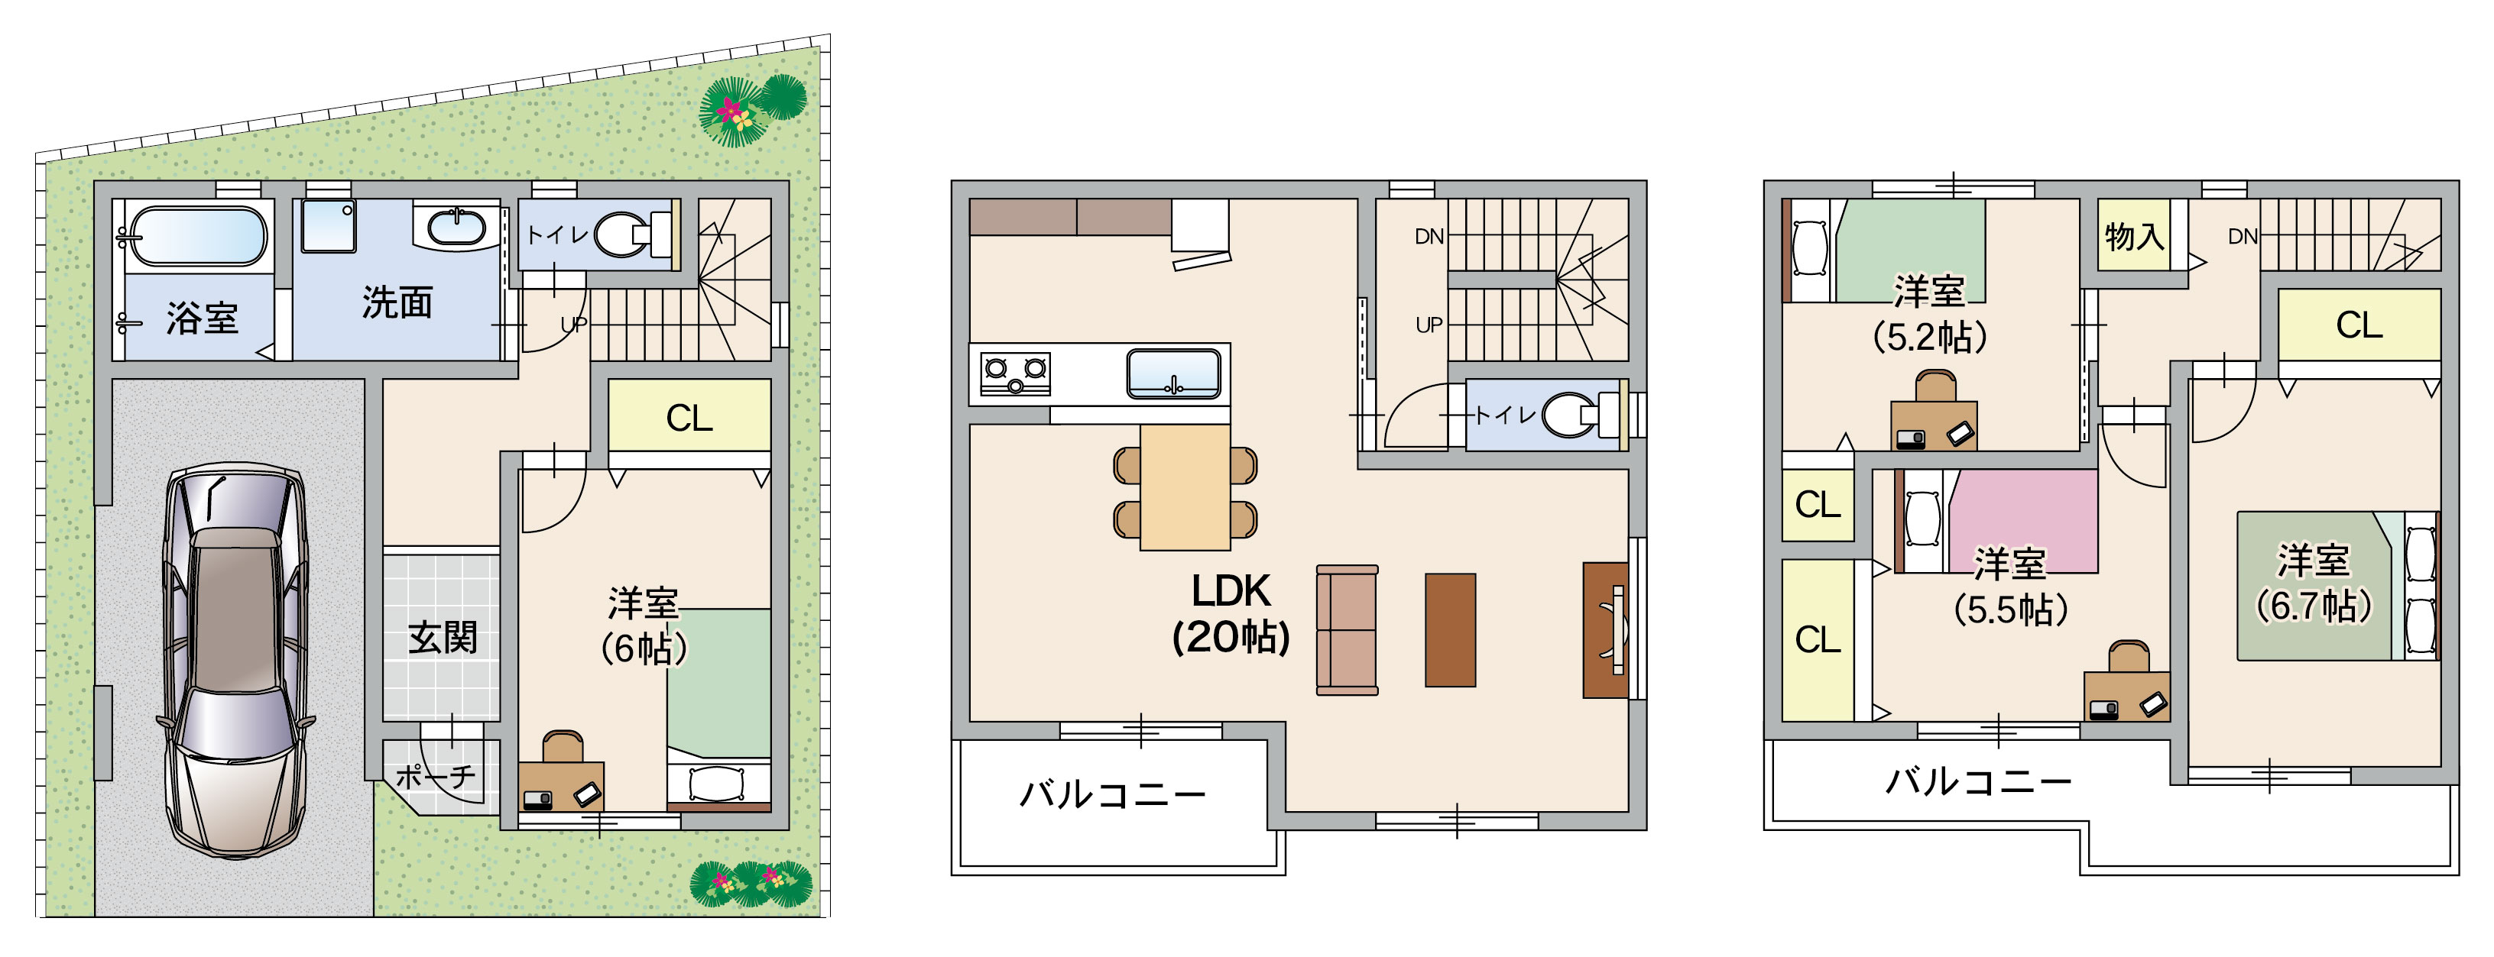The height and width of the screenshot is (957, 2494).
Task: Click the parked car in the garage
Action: click(235, 660)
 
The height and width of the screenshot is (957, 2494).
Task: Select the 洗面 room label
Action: click(397, 303)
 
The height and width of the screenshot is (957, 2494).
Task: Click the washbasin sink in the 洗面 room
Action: click(456, 228)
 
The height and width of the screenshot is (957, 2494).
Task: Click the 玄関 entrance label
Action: click(443, 638)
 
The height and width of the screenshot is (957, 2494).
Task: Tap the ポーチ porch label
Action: click(436, 776)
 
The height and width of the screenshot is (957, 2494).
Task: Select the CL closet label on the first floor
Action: click(689, 418)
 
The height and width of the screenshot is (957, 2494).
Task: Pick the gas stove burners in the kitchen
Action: click(1016, 373)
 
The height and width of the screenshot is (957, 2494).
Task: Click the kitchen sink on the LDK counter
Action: click(1173, 373)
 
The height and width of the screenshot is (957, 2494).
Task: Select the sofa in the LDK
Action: click(1347, 630)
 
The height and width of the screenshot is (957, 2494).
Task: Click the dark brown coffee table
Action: click(1451, 630)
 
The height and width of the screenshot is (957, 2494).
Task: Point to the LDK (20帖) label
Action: click(1231, 613)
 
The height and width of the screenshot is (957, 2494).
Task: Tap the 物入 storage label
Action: click(2134, 235)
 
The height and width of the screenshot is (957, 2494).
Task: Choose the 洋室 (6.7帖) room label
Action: click(2313, 583)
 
